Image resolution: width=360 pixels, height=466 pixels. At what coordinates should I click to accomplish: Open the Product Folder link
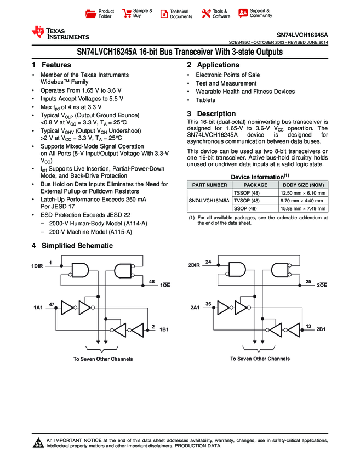click(x=101, y=14)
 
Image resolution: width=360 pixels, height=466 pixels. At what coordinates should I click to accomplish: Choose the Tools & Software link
click(x=216, y=14)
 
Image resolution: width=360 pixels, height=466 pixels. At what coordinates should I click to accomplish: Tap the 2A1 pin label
click(x=195, y=308)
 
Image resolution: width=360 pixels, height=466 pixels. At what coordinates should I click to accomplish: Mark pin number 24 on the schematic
click(x=208, y=262)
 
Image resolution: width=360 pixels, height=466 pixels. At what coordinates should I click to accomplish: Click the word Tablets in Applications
click(x=205, y=100)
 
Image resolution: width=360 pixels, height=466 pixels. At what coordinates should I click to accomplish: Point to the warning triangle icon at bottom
click(x=38, y=444)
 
